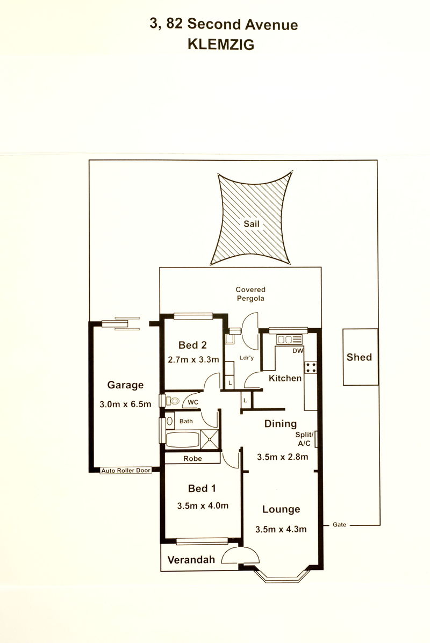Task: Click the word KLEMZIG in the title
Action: click(x=221, y=44)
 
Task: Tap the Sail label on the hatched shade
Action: click(x=252, y=224)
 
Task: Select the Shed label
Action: click(x=360, y=357)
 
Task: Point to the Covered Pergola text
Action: click(x=250, y=294)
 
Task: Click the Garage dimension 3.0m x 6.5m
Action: click(x=125, y=404)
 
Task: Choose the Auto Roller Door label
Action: click(x=126, y=471)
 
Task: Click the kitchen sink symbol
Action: click(x=290, y=339)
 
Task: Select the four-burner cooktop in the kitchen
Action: click(x=311, y=367)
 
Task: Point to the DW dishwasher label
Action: click(x=298, y=351)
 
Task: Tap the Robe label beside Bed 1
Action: click(x=192, y=458)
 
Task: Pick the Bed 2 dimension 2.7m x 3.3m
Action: click(x=193, y=359)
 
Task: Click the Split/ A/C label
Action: click(x=304, y=439)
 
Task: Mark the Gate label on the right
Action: click(x=339, y=524)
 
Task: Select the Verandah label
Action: click(x=191, y=559)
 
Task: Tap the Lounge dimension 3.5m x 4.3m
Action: click(x=281, y=529)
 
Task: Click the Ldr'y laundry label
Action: click(x=246, y=358)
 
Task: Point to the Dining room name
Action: click(x=280, y=424)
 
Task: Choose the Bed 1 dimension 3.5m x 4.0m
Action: click(x=203, y=505)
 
